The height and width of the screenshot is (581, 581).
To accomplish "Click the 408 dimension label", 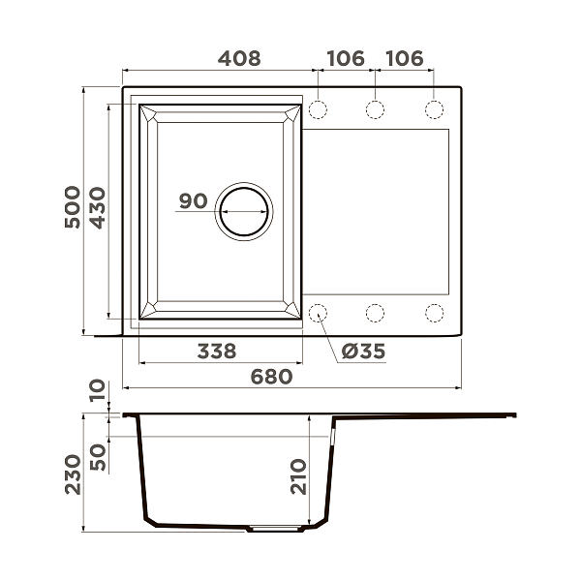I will [238, 58].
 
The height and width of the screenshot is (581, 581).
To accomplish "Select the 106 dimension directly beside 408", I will [346, 58].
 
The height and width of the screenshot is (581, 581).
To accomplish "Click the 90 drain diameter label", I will [194, 201].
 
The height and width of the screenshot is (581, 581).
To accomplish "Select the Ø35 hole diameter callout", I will [364, 352].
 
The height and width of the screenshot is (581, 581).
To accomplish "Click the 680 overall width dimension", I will [272, 376].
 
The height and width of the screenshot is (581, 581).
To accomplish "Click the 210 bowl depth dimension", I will [298, 474].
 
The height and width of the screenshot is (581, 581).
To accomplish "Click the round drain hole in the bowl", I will [243, 210].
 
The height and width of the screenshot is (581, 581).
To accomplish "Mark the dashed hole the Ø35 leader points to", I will [318, 313].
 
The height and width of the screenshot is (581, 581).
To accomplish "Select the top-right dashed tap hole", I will [435, 108].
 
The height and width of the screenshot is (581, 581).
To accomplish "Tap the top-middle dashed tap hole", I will [376, 108].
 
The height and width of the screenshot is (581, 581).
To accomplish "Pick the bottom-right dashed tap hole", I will [435, 313].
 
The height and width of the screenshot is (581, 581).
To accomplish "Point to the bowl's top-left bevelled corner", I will [149, 113].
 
